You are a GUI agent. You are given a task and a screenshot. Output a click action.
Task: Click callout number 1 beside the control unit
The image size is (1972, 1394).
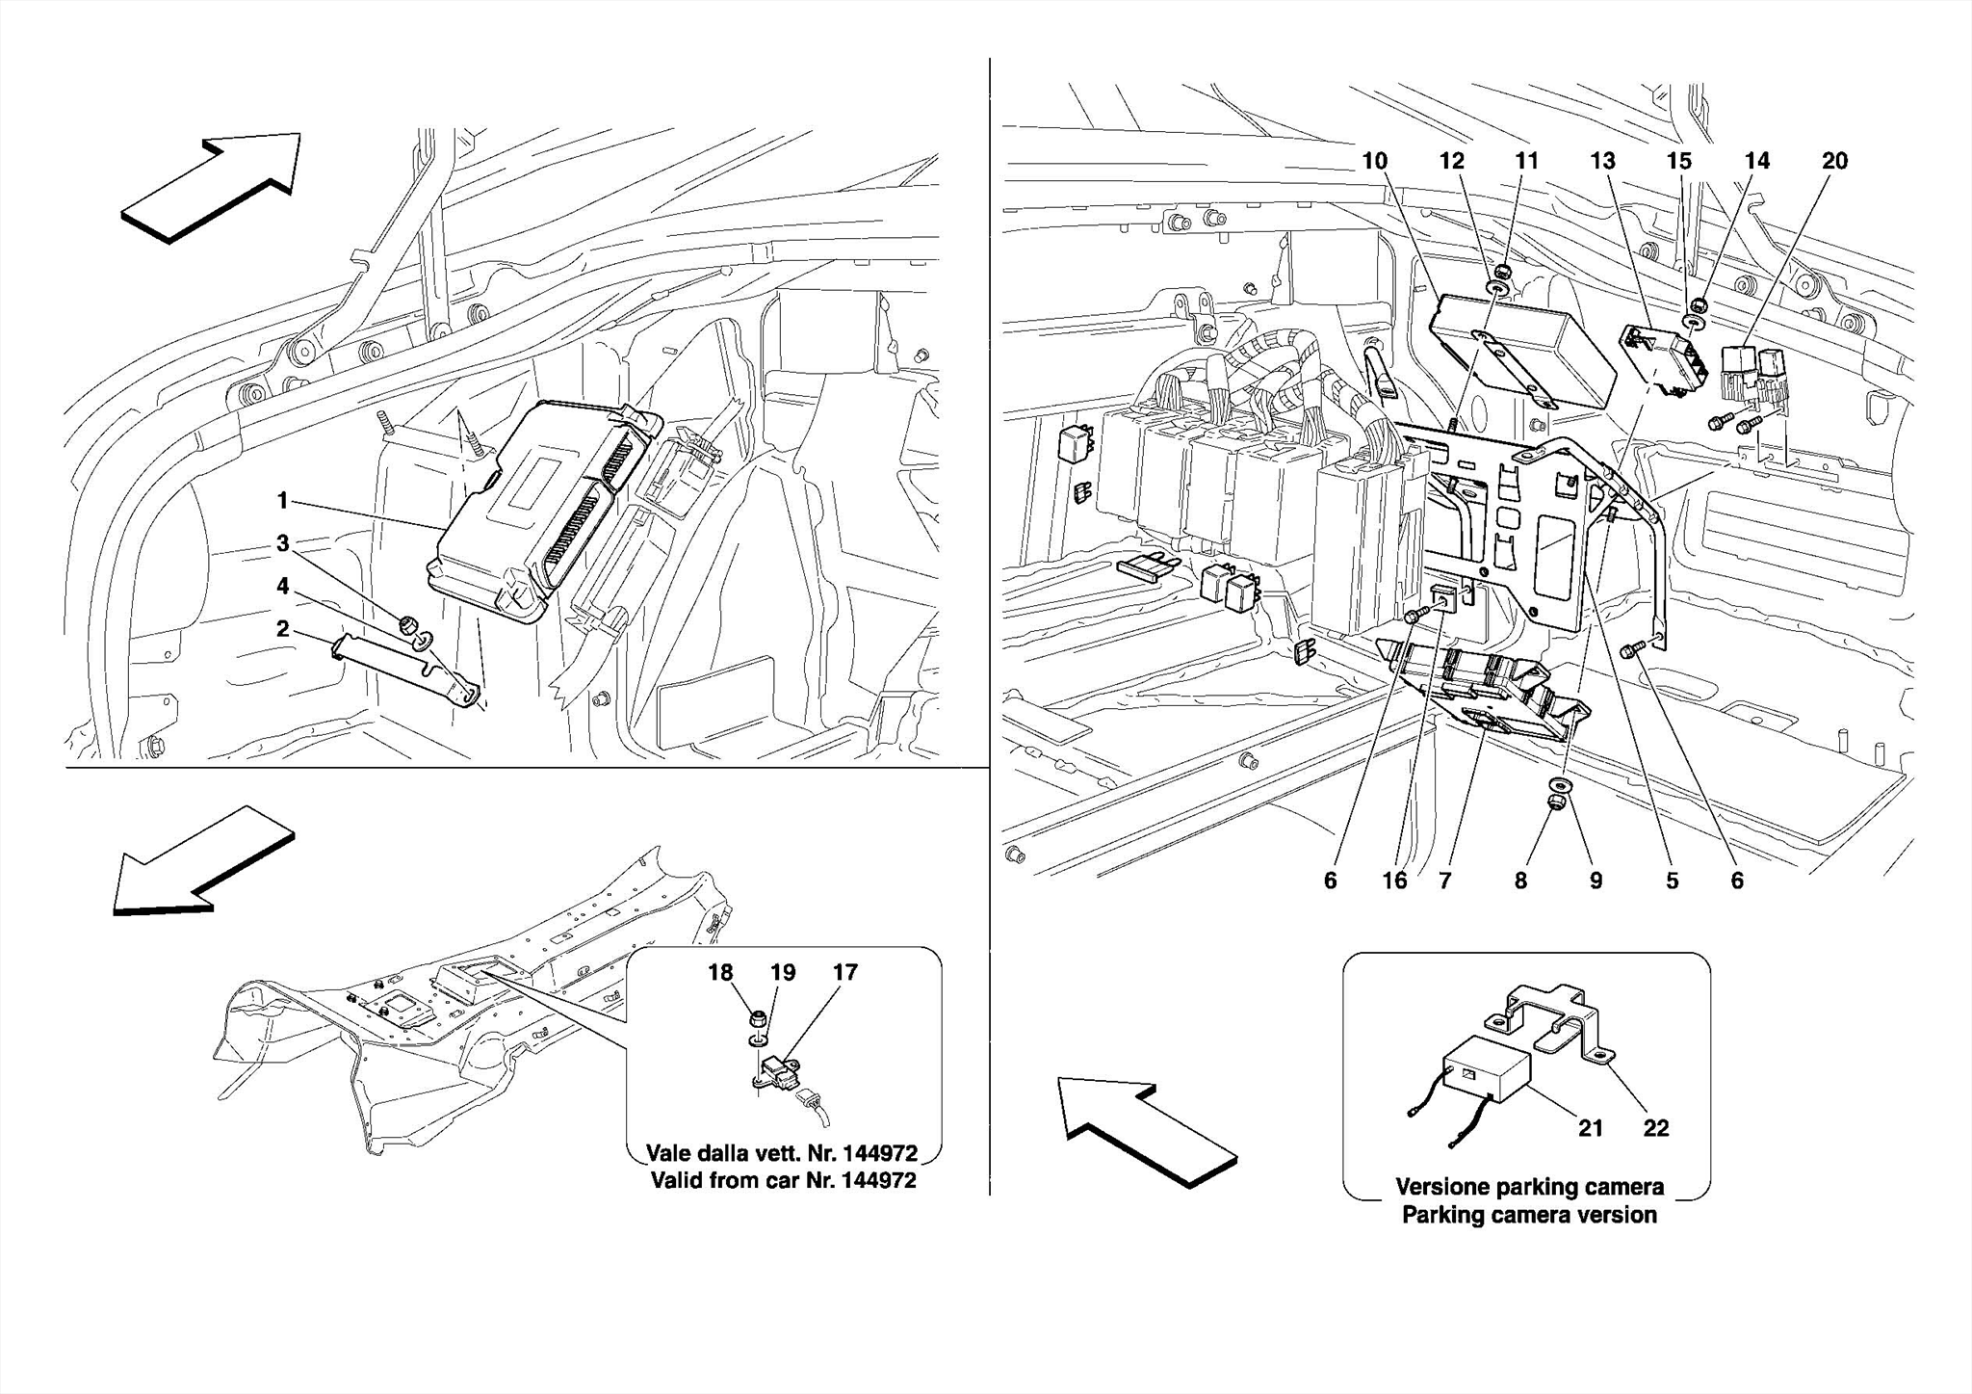tap(282, 500)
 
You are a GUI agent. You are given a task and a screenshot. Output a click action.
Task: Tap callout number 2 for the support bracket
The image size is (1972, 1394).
tap(282, 629)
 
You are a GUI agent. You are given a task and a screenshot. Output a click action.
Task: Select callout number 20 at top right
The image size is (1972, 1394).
tap(1834, 161)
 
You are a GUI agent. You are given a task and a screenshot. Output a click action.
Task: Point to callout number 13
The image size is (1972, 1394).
tap(1602, 161)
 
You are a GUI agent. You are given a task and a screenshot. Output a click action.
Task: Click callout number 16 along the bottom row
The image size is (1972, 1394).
tap(1394, 880)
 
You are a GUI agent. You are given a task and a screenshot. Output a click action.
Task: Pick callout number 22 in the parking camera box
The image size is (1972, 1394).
tap(1655, 1127)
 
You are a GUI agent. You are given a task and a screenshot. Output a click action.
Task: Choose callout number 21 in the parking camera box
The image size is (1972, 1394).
tap(1590, 1127)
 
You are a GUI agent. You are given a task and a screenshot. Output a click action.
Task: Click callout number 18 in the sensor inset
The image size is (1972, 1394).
tap(720, 972)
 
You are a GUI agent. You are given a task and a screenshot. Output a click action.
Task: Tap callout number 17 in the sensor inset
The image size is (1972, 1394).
tap(844, 972)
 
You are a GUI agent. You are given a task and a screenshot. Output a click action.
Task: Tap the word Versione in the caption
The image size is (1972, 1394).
tap(1442, 1187)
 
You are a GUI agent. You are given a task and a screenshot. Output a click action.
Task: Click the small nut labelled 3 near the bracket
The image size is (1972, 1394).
tap(405, 622)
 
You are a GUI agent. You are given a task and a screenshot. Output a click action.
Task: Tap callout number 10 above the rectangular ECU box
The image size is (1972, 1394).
tap(1374, 161)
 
